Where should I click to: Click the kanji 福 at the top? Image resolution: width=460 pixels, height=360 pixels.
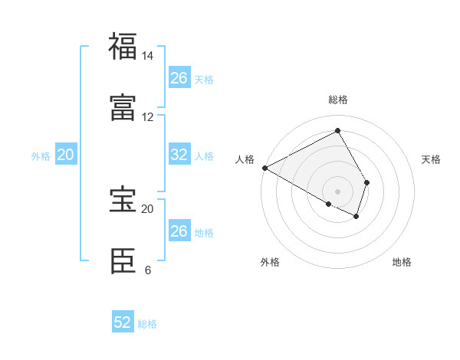123,46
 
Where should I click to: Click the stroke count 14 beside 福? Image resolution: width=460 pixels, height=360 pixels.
147,56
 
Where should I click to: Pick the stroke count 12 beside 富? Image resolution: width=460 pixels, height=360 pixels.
147,117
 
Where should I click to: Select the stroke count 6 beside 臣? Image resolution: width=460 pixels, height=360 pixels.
147,270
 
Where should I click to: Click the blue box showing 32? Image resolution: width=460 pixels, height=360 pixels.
179,155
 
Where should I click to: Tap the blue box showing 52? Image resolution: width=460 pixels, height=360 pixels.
123,322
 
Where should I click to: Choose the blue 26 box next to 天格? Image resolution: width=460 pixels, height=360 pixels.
179,78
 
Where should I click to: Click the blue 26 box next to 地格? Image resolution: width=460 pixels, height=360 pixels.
179,231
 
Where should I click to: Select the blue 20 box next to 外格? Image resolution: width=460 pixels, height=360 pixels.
66,155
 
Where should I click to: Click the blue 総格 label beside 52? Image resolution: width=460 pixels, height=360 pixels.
147,324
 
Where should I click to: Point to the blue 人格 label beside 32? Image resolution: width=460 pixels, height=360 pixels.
204,155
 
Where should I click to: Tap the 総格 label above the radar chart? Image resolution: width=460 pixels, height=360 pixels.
338,100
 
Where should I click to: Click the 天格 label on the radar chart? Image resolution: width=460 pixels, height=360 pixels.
432,159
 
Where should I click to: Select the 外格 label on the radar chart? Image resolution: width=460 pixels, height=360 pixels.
270,262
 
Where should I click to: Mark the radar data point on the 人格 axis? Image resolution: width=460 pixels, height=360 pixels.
264,168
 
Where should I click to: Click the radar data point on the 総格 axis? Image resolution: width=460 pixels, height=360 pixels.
338,131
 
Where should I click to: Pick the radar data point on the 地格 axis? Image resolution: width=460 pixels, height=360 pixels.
356,217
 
